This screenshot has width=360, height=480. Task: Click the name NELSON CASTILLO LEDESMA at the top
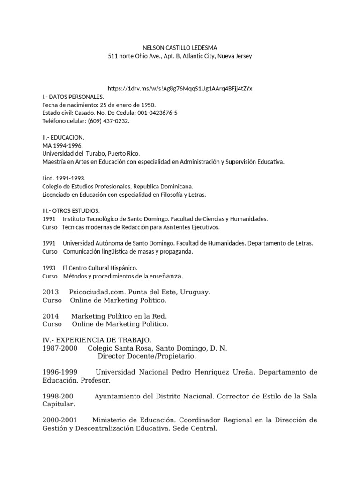[180, 47]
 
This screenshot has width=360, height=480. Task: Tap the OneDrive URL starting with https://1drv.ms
[180, 89]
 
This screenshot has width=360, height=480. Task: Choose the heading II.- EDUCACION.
[63, 137]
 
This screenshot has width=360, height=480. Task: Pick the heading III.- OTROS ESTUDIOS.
[71, 211]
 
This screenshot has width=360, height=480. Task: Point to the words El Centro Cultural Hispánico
[100, 268]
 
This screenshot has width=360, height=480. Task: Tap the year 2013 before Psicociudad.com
[50, 292]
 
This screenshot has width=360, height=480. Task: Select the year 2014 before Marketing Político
[50, 316]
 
